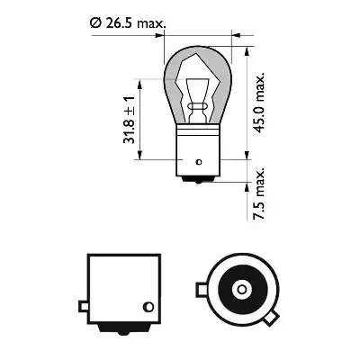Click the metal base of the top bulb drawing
[x=195, y=144]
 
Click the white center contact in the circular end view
[x=243, y=290]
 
